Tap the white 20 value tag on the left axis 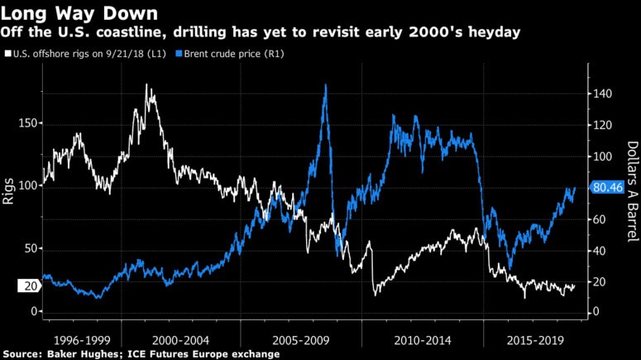click(x=29, y=286)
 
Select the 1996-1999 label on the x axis click(x=79, y=339)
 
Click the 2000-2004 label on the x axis click(x=181, y=339)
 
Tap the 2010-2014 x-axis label click(x=422, y=339)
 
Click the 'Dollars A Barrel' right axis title click(x=630, y=188)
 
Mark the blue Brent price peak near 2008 click(x=325, y=85)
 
